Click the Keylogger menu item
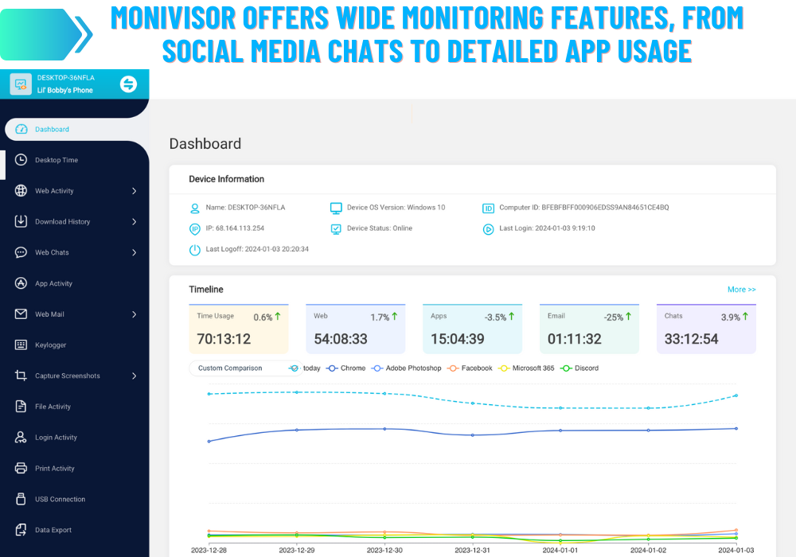point(50,345)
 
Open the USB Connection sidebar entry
point(60,500)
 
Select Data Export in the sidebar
point(53,531)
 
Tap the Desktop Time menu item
point(56,160)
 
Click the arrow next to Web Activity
point(134,191)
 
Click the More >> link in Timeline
point(741,290)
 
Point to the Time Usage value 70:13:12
point(224,339)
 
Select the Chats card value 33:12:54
point(692,339)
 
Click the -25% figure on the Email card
point(613,317)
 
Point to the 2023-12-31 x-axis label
point(473,550)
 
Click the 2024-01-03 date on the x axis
point(736,550)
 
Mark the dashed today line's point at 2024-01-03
point(736,395)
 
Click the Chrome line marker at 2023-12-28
point(209,442)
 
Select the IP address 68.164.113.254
point(234,228)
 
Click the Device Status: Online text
point(379,228)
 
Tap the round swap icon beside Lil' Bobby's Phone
point(128,84)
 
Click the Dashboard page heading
point(205,144)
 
